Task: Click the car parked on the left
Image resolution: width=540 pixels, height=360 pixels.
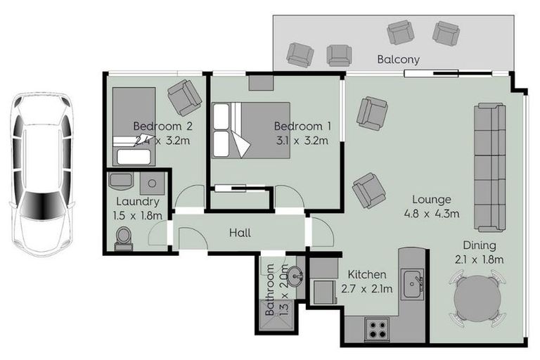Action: (x=42, y=174)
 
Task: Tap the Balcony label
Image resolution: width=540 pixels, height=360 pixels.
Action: (x=398, y=59)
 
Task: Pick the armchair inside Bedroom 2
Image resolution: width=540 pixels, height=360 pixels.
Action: (x=184, y=97)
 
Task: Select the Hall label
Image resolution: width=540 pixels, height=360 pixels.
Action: (x=240, y=233)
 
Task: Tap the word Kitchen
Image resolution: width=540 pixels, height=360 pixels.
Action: (x=367, y=274)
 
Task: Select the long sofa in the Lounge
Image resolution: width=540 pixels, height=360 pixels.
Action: (x=489, y=167)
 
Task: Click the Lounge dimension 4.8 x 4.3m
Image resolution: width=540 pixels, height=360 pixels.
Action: (x=432, y=214)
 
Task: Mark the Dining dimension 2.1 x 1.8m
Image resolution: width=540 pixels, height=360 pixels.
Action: (x=480, y=259)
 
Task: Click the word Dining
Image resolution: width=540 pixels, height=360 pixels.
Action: (x=480, y=245)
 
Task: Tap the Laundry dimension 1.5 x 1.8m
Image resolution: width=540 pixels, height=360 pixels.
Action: (x=138, y=215)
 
